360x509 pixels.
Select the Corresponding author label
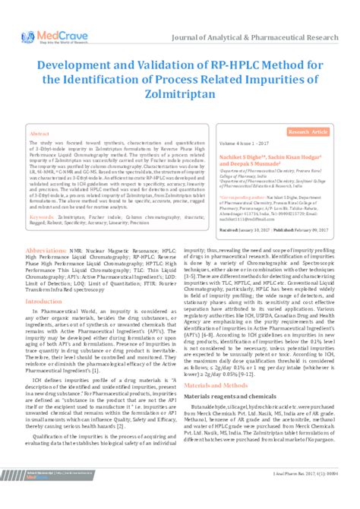point(246,195)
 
